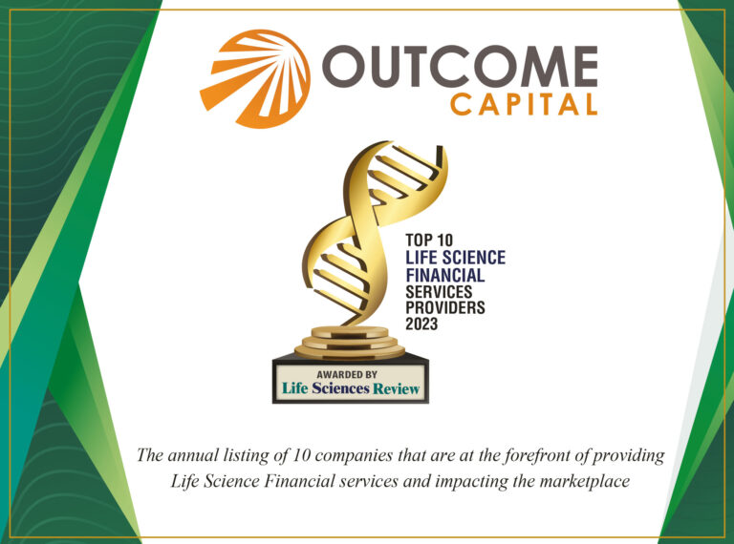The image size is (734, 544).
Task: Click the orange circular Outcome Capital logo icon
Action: (256, 77)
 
